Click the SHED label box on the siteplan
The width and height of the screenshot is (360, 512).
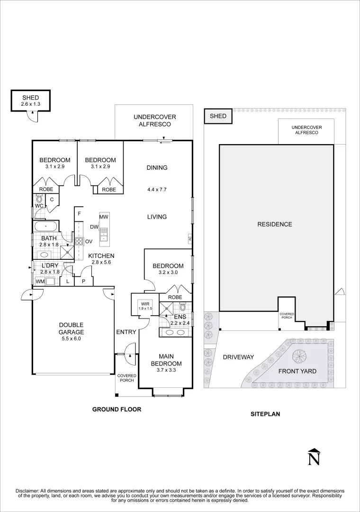tap(218, 116)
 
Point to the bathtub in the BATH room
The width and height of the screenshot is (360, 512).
tap(45, 226)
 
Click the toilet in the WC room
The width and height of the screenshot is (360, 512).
tap(39, 200)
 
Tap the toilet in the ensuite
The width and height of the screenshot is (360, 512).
tap(183, 307)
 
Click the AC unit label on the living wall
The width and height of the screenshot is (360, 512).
tap(189, 238)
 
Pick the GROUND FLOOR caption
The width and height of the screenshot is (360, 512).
tap(117, 409)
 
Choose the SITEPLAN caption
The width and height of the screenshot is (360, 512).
tap(265, 413)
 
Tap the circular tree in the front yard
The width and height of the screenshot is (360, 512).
tap(299, 356)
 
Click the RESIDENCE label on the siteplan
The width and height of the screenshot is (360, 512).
tap(274, 224)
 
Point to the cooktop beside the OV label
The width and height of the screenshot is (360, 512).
tap(79, 241)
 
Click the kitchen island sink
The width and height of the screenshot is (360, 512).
tap(104, 233)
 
